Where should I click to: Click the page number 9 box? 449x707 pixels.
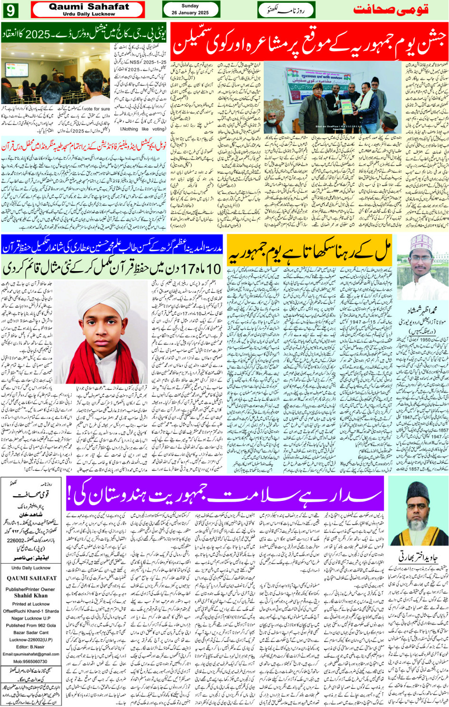[x=10, y=9]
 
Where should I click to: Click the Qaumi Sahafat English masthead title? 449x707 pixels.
[x=89, y=7]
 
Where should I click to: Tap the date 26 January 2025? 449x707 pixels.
[x=190, y=13]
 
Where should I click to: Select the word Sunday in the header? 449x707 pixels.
[x=190, y=6]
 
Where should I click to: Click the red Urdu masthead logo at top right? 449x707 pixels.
[x=391, y=9]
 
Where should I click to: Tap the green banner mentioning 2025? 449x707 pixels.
[x=84, y=34]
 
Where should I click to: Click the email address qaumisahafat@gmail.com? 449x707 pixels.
[x=31, y=654]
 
